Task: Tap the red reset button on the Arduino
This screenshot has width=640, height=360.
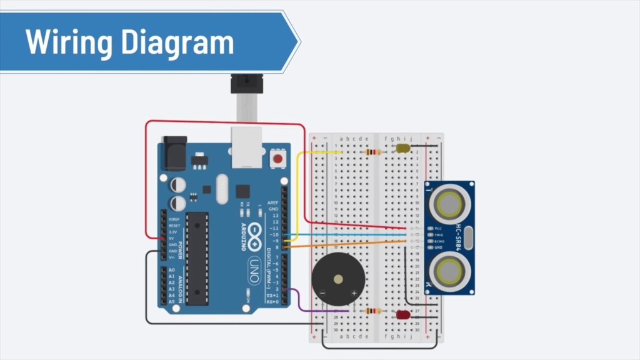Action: point(277,160)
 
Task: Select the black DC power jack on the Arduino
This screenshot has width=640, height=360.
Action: point(174,152)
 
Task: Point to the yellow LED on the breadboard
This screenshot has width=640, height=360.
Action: point(402,149)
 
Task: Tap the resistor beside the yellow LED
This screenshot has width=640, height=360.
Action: point(374,152)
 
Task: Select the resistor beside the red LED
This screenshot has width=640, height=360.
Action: point(374,311)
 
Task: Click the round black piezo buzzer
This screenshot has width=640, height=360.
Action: point(338,280)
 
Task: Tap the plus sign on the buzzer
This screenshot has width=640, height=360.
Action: point(354,292)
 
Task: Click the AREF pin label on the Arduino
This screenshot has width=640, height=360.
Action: point(273,202)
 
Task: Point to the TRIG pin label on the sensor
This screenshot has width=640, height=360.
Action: point(439,234)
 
